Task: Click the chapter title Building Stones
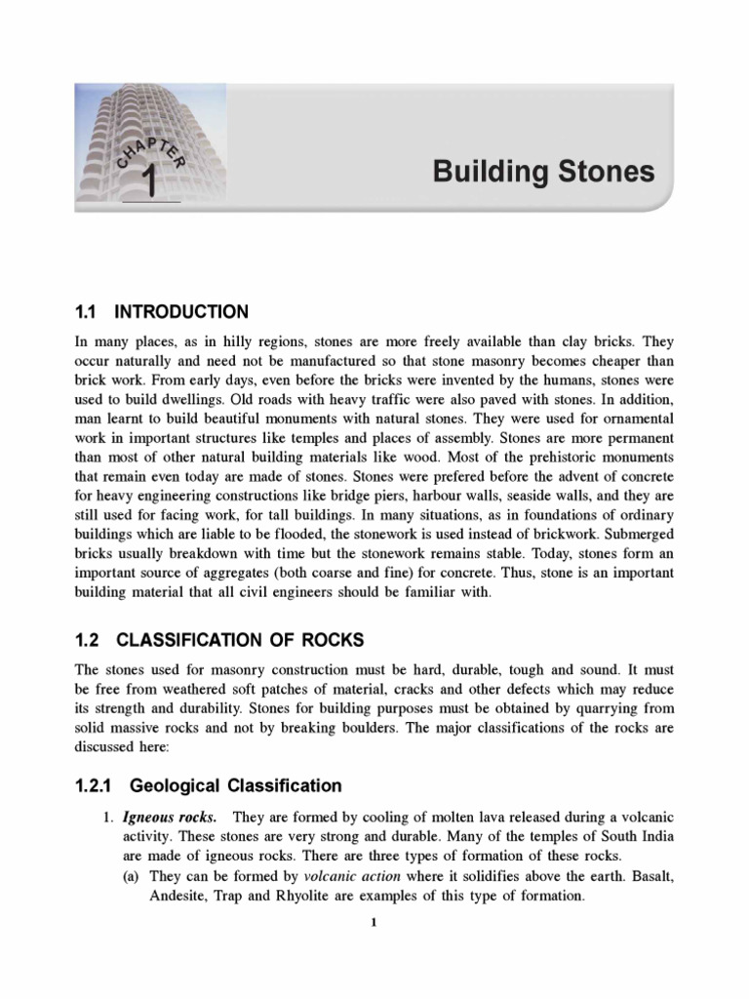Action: [x=544, y=172]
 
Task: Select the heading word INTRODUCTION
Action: [x=181, y=312]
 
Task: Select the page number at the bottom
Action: [x=374, y=927]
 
